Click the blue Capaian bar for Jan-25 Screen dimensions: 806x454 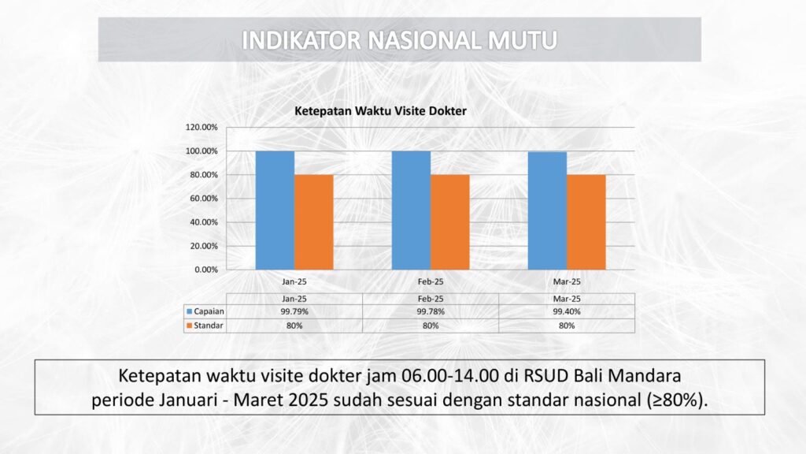coord(275,210)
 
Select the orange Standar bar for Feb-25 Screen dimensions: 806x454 coord(449,221)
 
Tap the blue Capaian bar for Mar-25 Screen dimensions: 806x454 coord(548,210)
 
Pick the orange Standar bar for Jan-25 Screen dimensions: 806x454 coord(313,221)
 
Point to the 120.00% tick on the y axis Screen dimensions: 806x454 coord(201,127)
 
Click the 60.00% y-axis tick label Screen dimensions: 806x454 coord(204,198)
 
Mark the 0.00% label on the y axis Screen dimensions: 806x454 coord(206,270)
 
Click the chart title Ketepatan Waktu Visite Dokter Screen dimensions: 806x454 coord(380,110)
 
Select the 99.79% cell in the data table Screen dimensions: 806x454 coord(294,311)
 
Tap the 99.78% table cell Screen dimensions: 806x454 coord(431,311)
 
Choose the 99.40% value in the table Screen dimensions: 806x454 coord(567,311)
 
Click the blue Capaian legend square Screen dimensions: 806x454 coord(189,311)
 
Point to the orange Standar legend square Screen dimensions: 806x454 coord(189,326)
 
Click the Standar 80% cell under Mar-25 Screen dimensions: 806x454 coord(567,326)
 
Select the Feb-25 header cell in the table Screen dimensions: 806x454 coord(431,299)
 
